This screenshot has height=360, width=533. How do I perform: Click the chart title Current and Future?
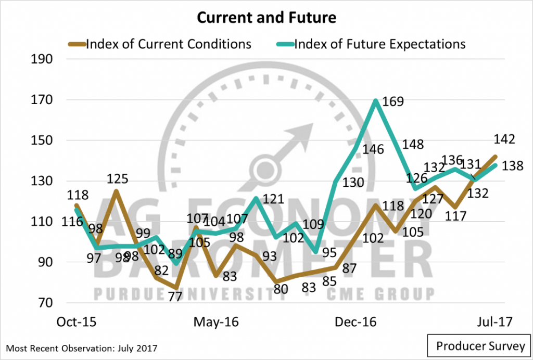click(x=266, y=18)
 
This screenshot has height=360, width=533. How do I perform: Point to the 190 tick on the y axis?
click(x=42, y=59)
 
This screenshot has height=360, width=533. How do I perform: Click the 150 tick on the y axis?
click(x=42, y=140)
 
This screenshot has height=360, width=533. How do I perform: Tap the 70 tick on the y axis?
click(x=45, y=303)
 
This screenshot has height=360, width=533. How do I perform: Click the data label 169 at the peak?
click(x=393, y=101)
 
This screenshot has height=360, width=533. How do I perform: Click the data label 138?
click(x=512, y=165)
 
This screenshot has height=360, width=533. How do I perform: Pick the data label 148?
click(x=413, y=145)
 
